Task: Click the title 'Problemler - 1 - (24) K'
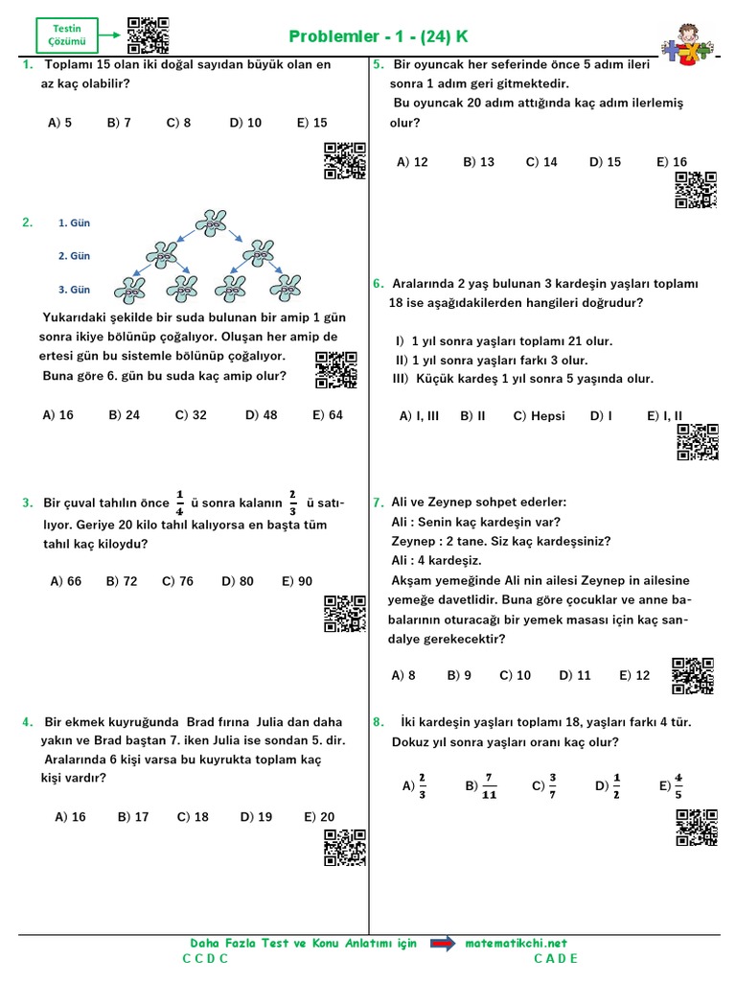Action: tap(379, 37)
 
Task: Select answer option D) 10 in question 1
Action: tap(245, 123)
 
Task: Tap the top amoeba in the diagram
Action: tap(211, 222)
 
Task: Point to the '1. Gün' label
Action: tap(74, 223)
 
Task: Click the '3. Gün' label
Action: tap(74, 290)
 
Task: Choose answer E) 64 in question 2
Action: tap(327, 415)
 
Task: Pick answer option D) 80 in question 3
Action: tap(237, 581)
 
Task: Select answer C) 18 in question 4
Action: tap(193, 817)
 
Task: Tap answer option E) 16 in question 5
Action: tap(672, 162)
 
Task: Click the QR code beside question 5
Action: tap(696, 190)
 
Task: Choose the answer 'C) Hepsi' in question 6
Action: tap(539, 416)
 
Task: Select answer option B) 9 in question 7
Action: tap(459, 675)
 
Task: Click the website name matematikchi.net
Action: tap(517, 944)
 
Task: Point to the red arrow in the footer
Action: tap(442, 945)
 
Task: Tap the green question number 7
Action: tap(378, 503)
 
